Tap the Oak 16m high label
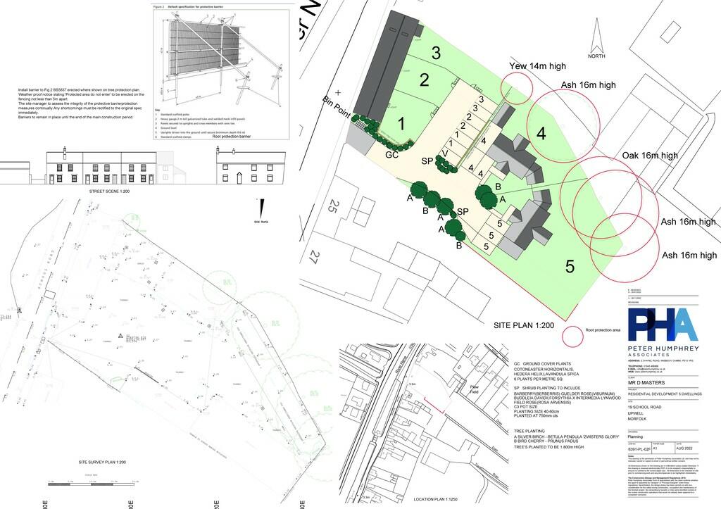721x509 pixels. (x=650, y=156)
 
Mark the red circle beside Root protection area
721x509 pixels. (x=573, y=337)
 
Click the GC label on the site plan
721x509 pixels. (x=391, y=153)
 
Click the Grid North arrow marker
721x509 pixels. (x=262, y=208)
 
